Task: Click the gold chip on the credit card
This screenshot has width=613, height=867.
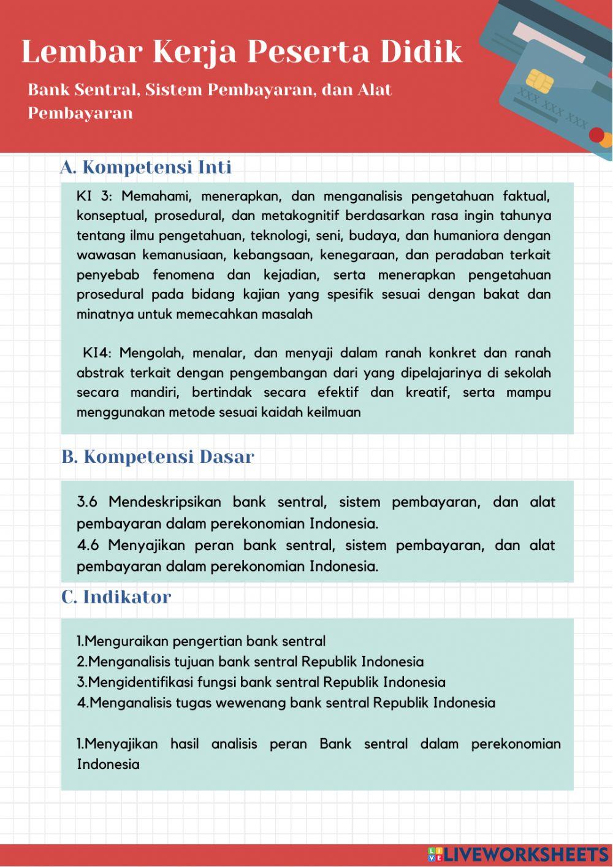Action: (x=539, y=80)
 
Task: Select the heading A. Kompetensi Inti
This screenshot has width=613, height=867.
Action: (x=146, y=167)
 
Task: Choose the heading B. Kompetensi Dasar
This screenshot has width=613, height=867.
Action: (x=158, y=457)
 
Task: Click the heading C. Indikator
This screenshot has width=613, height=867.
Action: (x=116, y=597)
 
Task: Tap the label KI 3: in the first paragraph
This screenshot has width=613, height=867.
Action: (x=94, y=196)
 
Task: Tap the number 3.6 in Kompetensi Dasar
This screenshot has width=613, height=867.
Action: (x=87, y=502)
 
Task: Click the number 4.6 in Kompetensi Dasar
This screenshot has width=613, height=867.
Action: (x=87, y=545)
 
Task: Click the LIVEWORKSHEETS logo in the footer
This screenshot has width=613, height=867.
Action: (x=518, y=854)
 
